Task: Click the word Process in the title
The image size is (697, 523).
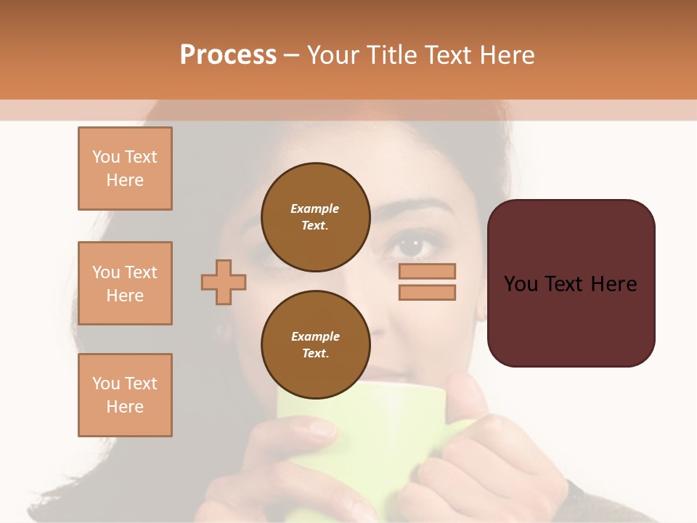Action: click(x=228, y=54)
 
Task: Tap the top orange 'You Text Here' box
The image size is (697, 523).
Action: click(x=125, y=169)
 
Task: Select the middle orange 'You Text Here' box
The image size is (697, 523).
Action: click(x=125, y=283)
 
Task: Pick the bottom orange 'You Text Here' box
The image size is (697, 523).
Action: click(x=125, y=395)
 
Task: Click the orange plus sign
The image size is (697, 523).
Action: click(x=224, y=282)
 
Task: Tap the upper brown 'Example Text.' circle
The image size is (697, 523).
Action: click(x=315, y=216)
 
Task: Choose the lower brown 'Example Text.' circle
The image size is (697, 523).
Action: click(x=315, y=344)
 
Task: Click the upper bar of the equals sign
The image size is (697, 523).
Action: click(x=427, y=271)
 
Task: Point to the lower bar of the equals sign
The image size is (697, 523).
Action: click(x=427, y=292)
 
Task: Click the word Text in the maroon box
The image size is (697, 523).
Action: click(x=570, y=283)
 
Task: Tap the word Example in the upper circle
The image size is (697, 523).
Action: click(x=314, y=208)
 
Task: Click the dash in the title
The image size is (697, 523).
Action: click(x=291, y=54)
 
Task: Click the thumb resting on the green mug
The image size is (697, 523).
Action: click(x=468, y=396)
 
